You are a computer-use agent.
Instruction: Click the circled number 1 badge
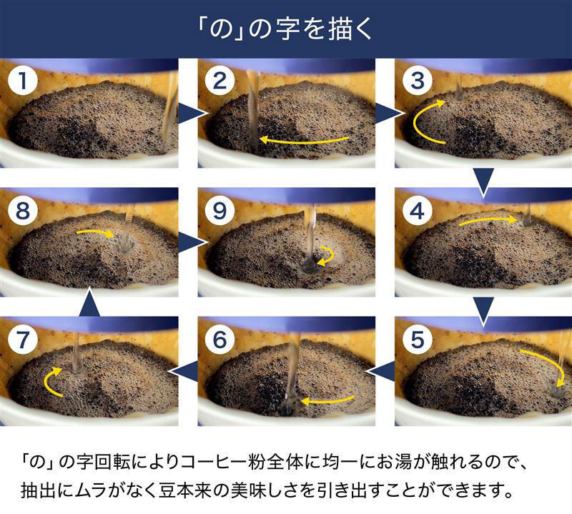[23, 81]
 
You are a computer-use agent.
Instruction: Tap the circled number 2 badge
[220, 81]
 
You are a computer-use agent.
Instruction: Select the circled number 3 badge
[418, 81]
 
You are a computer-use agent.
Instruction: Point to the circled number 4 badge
[418, 211]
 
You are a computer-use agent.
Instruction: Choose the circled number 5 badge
[418, 340]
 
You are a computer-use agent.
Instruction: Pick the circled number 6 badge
[220, 340]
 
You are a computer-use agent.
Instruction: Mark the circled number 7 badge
[23, 340]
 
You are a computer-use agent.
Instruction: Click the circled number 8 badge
[23, 211]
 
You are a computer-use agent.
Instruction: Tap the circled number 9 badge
[220, 211]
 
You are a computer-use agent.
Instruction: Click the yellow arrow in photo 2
[305, 141]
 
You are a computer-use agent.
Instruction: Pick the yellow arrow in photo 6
[327, 400]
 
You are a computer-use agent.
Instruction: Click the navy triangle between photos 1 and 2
[190, 113]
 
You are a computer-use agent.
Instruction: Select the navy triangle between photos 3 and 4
[484, 181]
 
